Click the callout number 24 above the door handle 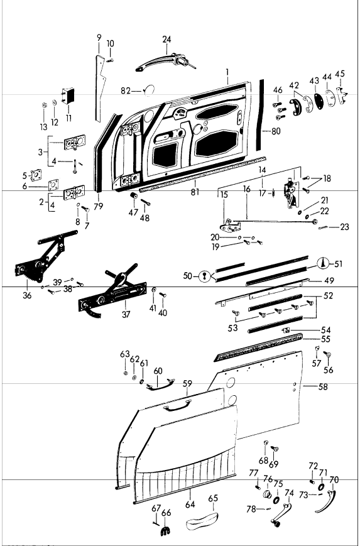(166, 40)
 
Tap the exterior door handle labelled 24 (165, 62)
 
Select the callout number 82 (126, 91)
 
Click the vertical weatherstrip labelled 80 (259, 115)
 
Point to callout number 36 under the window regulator (27, 296)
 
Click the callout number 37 (126, 314)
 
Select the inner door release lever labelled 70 (327, 500)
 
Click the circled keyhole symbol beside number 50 (204, 277)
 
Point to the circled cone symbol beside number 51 (323, 263)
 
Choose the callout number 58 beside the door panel (323, 386)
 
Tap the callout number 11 (68, 117)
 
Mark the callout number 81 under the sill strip (195, 192)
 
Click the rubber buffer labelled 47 (134, 196)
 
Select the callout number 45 (340, 74)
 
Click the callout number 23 (344, 227)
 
